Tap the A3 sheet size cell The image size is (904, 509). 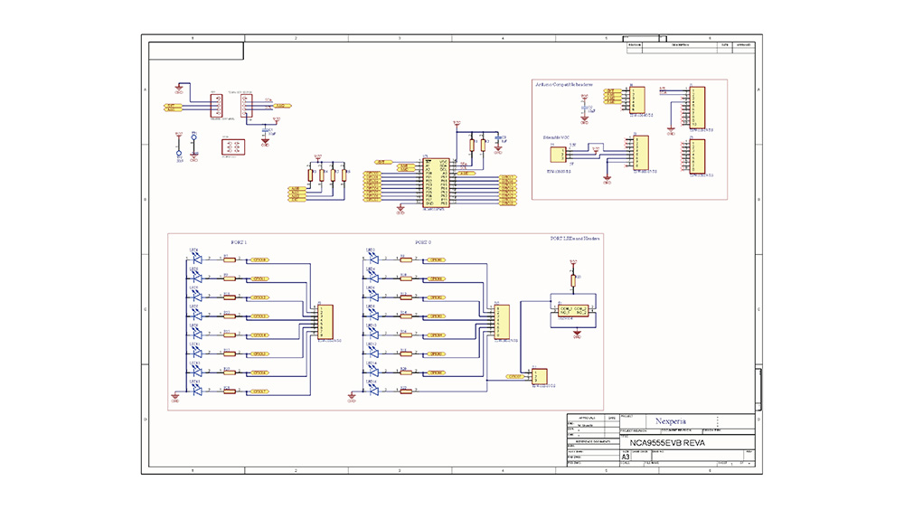(x=626, y=457)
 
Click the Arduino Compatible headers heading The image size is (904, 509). (x=564, y=84)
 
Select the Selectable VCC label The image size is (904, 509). (x=556, y=137)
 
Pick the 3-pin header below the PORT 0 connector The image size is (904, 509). (x=541, y=376)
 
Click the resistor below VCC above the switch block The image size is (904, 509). (x=573, y=278)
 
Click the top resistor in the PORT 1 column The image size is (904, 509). (x=229, y=259)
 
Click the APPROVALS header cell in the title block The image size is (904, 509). (x=586, y=417)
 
